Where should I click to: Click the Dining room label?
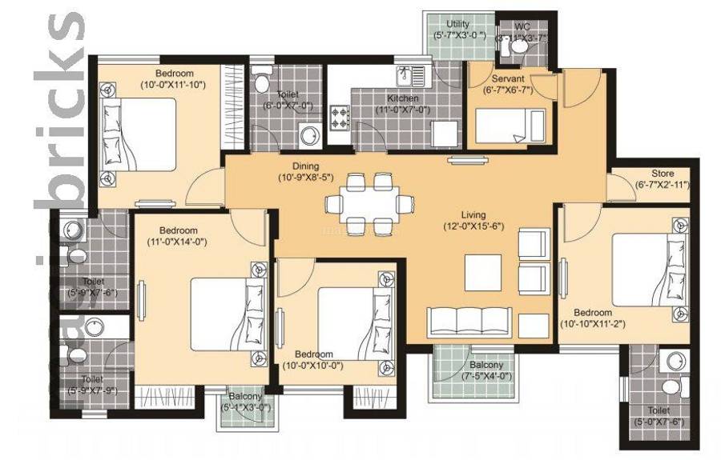coord(305,166)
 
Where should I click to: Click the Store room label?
coord(663,174)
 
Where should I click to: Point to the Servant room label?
coord(508,79)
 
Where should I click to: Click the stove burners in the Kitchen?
coord(341,118)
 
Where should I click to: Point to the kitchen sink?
coord(417,75)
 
